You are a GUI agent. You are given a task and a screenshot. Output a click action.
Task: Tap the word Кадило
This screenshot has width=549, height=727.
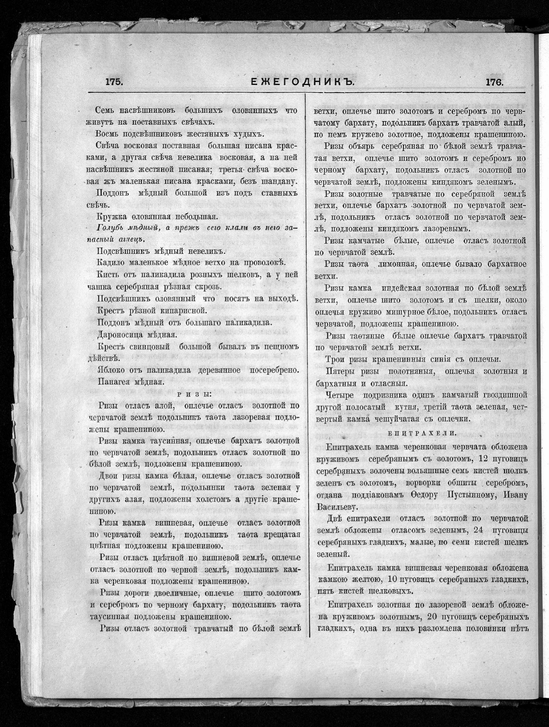point(111,263)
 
